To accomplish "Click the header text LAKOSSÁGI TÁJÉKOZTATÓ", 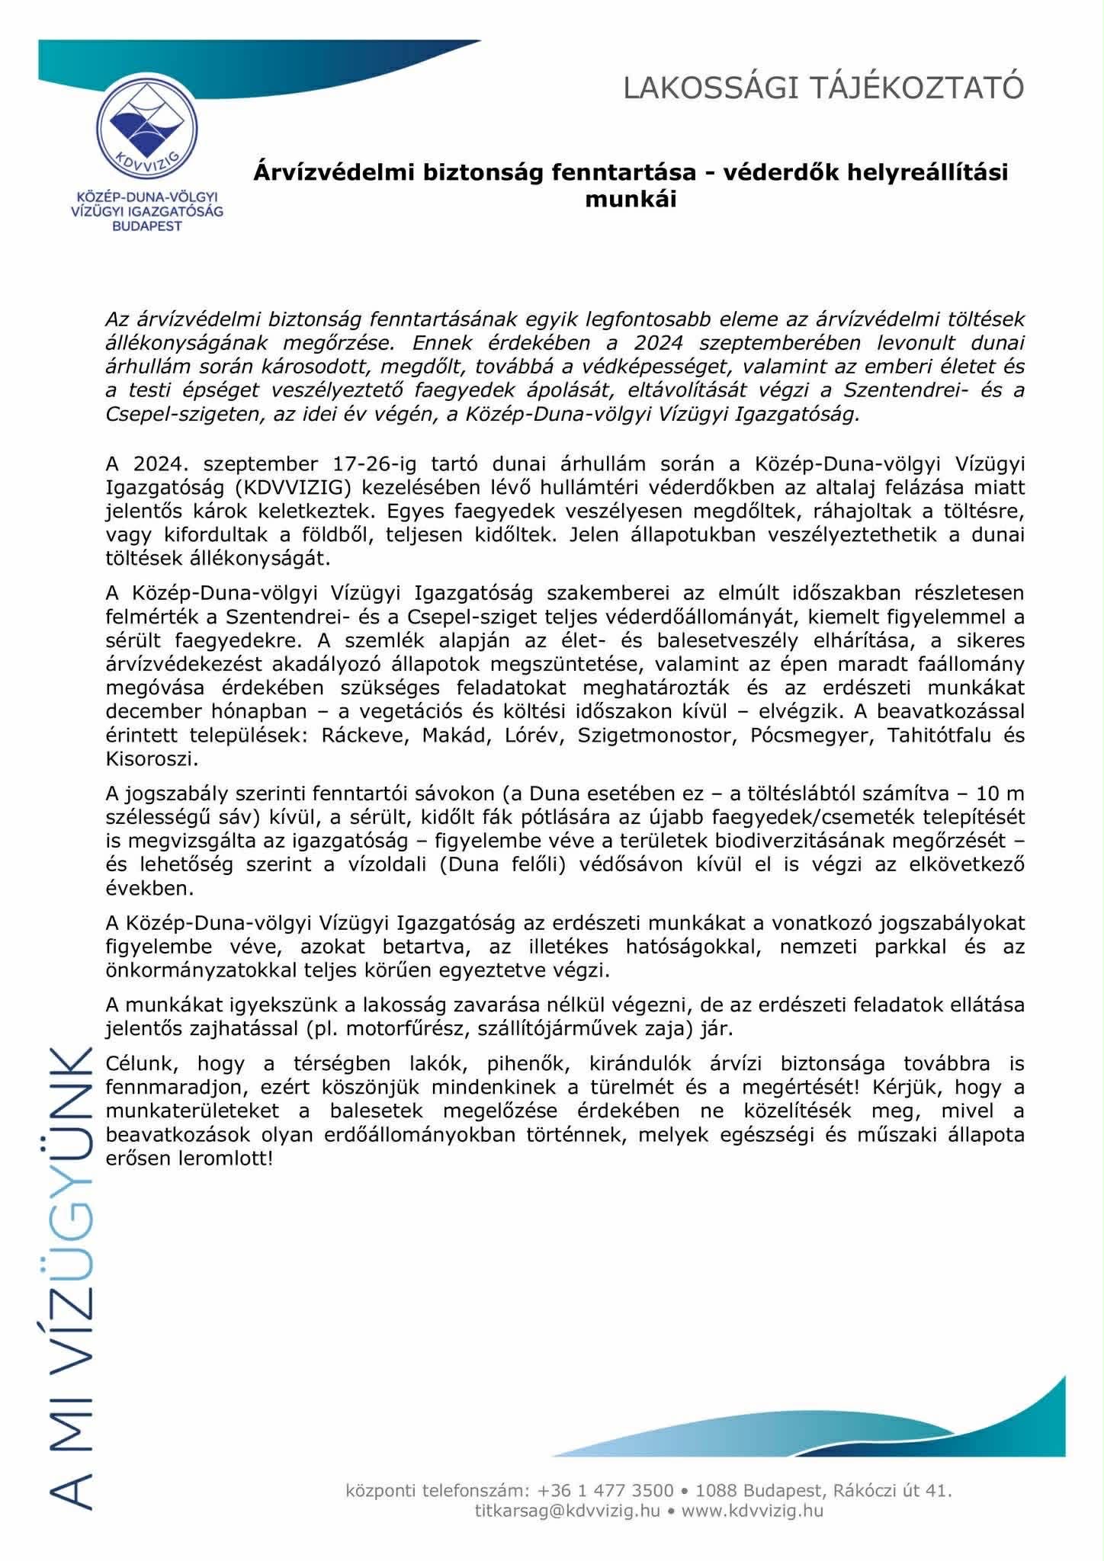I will pyautogui.click(x=823, y=88).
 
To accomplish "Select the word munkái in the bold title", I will pyautogui.click(x=631, y=200).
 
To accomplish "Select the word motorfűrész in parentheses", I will pyautogui.click(x=407, y=1027).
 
